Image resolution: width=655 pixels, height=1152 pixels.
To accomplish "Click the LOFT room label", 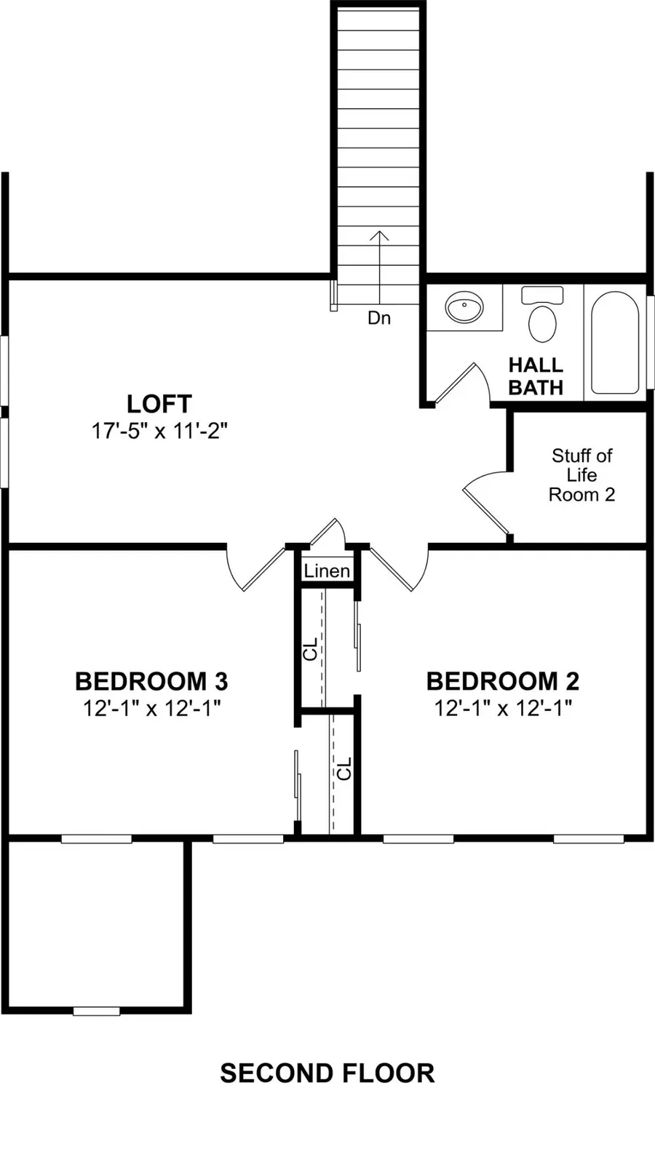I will (x=159, y=404).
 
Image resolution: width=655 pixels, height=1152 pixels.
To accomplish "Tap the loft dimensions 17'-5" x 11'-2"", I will (x=159, y=431).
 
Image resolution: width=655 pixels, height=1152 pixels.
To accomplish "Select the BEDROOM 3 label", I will (x=151, y=682).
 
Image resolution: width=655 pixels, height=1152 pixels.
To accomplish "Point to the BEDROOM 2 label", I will (x=503, y=682).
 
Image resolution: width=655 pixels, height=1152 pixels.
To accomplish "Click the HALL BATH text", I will (x=536, y=376).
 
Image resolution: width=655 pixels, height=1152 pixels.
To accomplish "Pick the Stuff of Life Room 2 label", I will (x=581, y=475).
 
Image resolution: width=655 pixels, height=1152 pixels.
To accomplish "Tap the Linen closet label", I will (x=327, y=571).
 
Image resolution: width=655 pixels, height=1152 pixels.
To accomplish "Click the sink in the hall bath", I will (x=464, y=308).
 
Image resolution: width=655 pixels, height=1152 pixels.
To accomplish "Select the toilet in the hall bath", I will (x=542, y=316).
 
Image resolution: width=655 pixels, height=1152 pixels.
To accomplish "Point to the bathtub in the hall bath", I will (x=615, y=342).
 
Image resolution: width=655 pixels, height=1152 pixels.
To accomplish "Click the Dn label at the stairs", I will (x=378, y=318).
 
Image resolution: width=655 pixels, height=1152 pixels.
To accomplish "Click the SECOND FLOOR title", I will (x=327, y=1073).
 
